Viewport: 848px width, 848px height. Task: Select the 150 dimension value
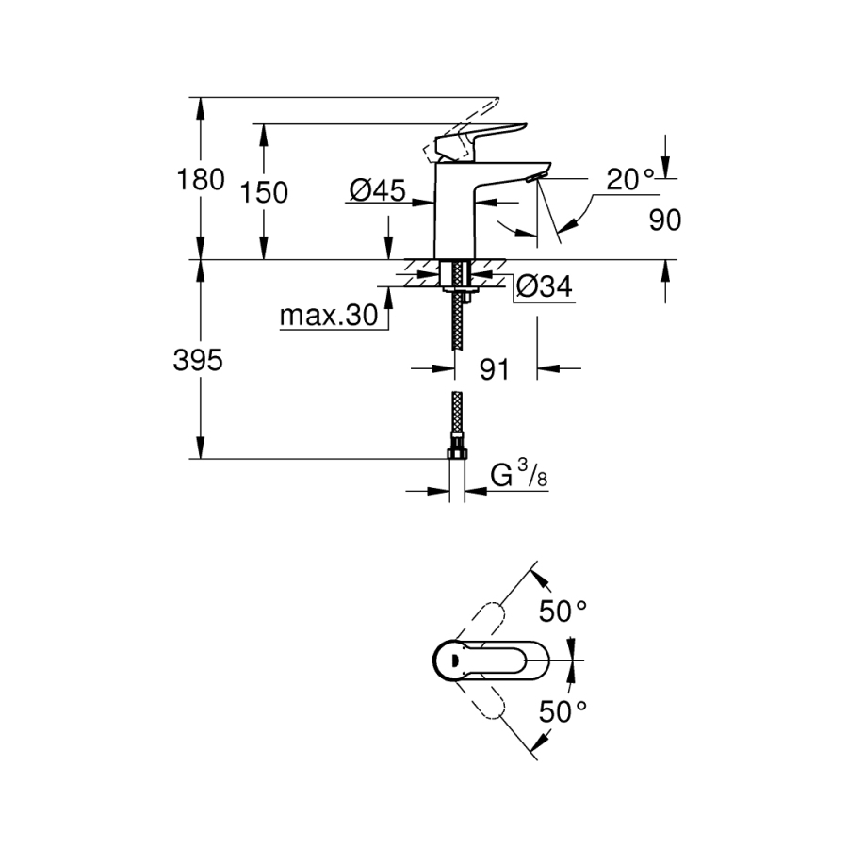point(264,192)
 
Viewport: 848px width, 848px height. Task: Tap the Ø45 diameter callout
point(377,191)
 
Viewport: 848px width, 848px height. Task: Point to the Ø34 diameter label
point(546,287)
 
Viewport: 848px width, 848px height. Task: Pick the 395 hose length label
point(200,359)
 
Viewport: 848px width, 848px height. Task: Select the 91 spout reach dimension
point(494,369)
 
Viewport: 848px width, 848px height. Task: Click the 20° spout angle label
point(630,179)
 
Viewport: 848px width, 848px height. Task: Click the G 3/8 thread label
point(519,478)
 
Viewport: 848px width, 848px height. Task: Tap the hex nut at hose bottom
point(457,455)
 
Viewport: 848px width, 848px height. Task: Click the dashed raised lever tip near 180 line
point(476,111)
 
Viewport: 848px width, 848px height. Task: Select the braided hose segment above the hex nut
point(457,419)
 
